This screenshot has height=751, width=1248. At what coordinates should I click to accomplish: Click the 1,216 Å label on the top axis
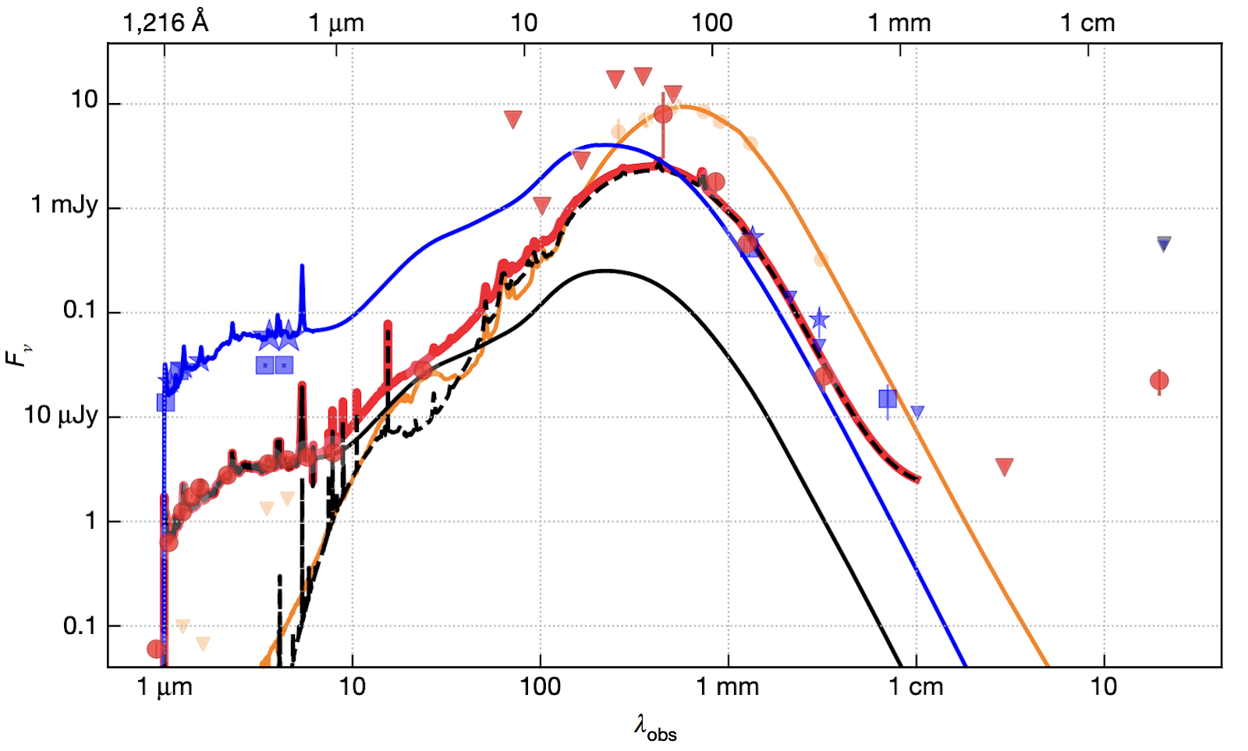165,22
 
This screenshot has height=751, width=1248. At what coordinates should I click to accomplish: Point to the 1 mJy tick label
65,205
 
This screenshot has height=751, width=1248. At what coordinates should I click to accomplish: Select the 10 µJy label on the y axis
61,415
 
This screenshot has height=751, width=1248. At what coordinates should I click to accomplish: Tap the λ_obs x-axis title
654,728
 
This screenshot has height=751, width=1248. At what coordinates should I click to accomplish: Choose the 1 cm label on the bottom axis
916,687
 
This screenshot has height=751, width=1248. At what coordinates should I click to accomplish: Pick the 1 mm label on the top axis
899,23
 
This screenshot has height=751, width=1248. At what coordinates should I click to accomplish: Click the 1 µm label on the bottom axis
164,687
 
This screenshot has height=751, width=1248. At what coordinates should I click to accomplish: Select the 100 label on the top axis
711,23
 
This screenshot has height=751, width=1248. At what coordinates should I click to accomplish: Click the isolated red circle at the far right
1159,381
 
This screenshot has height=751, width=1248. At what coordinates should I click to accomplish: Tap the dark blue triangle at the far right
1164,244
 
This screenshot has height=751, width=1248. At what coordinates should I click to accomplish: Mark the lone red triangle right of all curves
1005,466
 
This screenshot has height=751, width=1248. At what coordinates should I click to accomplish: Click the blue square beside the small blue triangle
888,399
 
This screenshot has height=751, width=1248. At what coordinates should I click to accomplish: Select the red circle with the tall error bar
663,114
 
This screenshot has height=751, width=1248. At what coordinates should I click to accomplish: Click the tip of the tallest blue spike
302,266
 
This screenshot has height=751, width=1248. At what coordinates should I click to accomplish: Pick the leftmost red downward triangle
512,119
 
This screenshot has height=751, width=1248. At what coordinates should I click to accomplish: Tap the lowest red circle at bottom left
156,649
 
